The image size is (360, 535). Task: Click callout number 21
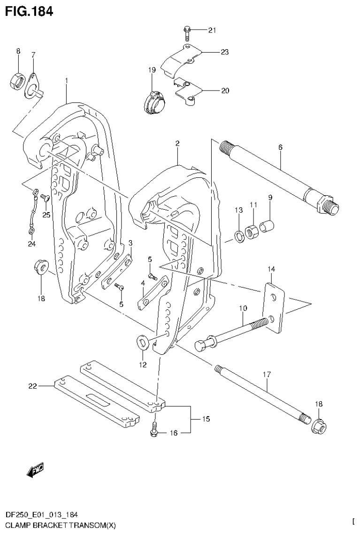click(x=212, y=31)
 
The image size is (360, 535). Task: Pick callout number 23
click(x=224, y=52)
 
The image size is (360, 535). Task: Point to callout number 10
click(x=243, y=308)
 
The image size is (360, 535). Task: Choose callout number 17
click(x=266, y=375)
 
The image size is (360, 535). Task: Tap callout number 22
click(x=32, y=386)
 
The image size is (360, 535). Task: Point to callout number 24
click(x=31, y=243)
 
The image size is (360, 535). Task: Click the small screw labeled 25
click(x=44, y=199)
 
